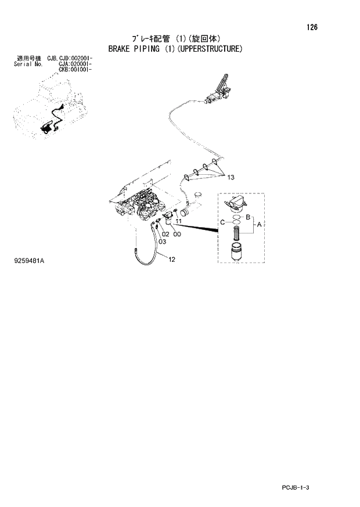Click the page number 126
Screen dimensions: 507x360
coord(312,27)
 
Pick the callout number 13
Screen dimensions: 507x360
coord(231,177)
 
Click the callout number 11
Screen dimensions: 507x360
coord(179,222)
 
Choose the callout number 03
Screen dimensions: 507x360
coord(162,241)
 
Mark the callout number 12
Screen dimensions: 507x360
coord(172,260)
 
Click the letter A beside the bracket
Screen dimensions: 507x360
coord(259,223)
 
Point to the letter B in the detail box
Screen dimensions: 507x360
coord(248,217)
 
